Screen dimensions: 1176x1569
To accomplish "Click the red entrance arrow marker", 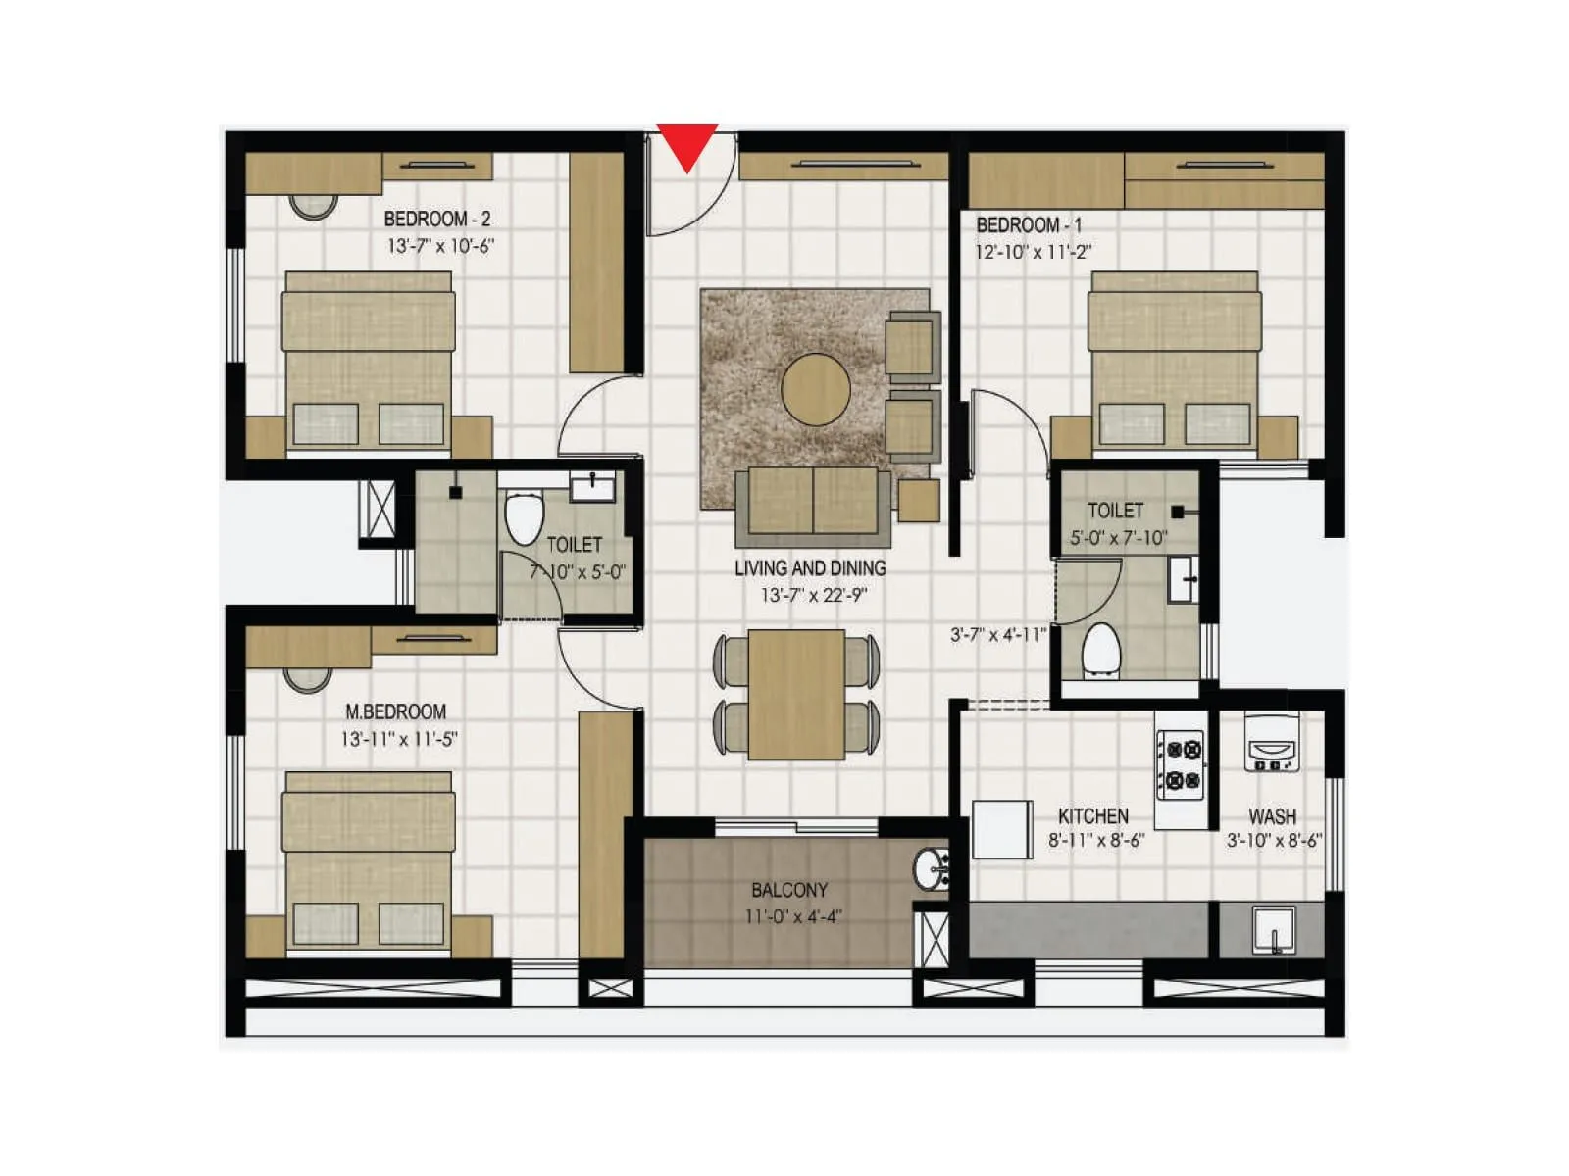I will [x=687, y=145].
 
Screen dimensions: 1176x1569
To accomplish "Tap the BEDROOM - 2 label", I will [x=436, y=220].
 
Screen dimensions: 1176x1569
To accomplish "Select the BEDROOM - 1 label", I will [x=1029, y=225].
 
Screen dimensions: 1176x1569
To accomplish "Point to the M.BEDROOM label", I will [x=395, y=712].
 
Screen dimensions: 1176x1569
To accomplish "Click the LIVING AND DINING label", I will [x=810, y=568].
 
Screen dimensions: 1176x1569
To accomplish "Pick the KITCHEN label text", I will [x=1092, y=816].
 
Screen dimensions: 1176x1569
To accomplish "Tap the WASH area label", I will [x=1272, y=816].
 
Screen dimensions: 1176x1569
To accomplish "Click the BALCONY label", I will [x=789, y=891].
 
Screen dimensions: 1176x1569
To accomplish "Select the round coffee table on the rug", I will [x=816, y=389].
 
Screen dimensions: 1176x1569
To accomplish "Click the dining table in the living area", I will [x=796, y=694].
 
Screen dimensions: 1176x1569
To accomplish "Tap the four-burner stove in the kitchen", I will [x=1180, y=765].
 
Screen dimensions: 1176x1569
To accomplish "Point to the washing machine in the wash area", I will [x=1272, y=742].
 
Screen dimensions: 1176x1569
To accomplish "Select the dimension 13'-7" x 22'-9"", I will [x=813, y=595].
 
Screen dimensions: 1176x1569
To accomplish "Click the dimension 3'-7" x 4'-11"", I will [x=998, y=635].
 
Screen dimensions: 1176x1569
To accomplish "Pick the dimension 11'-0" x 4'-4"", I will [x=792, y=917].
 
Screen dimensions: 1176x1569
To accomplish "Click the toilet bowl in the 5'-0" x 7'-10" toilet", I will [x=1101, y=649].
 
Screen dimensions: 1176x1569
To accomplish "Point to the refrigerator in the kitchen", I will [x=1002, y=830].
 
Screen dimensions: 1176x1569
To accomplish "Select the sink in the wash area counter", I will [x=1274, y=928].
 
